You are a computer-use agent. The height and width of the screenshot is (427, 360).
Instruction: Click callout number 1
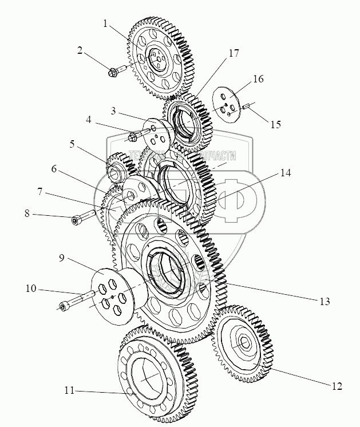coord(105,23)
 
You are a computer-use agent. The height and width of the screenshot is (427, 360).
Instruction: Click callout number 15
coord(276,124)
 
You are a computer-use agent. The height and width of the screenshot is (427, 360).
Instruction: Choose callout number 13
coord(326,301)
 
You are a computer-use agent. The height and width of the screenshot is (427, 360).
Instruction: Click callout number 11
coord(69,392)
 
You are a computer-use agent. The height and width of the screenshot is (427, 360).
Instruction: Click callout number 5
coord(72,144)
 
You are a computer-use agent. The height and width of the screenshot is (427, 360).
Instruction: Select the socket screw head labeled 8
coord(76,220)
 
